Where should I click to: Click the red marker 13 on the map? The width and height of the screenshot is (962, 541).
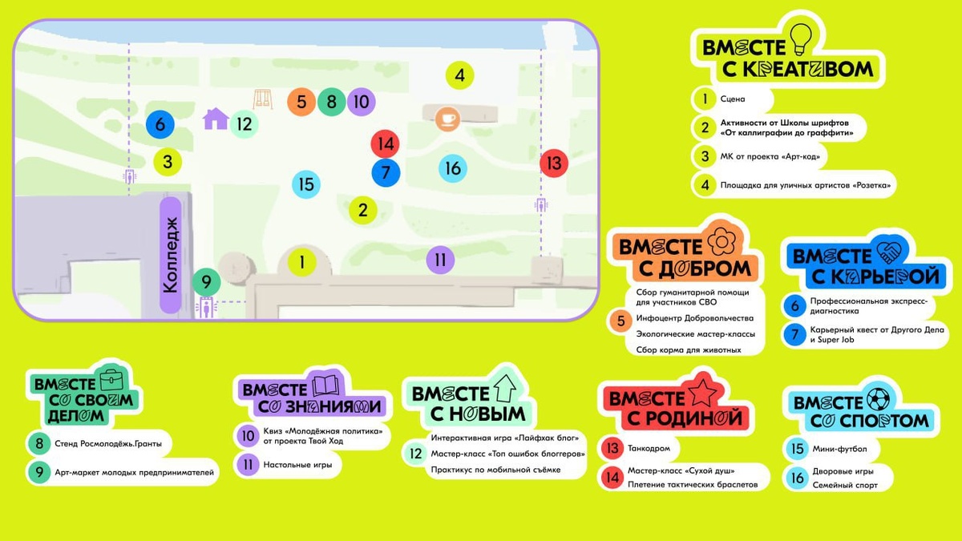[x=553, y=163]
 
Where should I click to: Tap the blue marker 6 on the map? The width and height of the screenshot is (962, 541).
[x=160, y=125]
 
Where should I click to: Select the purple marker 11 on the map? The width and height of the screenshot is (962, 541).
[x=440, y=259]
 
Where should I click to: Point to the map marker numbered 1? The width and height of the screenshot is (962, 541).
[x=302, y=261]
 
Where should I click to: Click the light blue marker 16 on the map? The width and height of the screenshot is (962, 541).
[x=453, y=168]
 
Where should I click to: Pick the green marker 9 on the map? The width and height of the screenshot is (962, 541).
[x=206, y=282]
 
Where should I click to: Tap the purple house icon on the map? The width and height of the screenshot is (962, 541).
[x=215, y=119]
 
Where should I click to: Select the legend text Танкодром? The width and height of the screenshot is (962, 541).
[x=649, y=449]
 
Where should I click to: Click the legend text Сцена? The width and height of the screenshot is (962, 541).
[x=733, y=99]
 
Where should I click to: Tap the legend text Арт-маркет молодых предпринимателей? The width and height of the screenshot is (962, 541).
[x=135, y=473]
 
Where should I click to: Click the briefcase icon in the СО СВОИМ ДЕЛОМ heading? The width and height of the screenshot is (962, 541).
[x=112, y=377]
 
